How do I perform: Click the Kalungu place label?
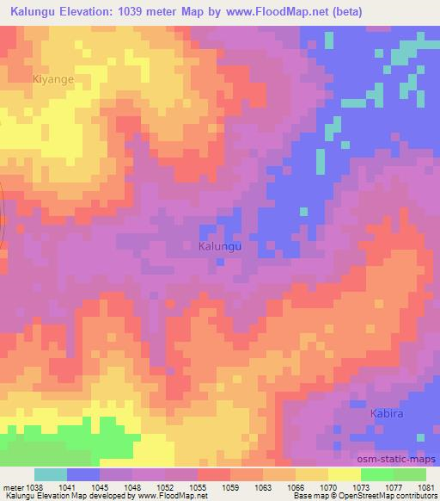pyautogui.click(x=220, y=246)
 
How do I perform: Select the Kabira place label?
pyautogui.click(x=387, y=413)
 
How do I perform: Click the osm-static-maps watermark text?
pyautogui.click(x=401, y=460)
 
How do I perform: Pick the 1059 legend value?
pyautogui.click(x=230, y=487)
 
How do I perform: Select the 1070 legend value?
pyautogui.click(x=328, y=487)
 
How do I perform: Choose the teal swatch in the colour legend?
pyautogui.click(x=51, y=474)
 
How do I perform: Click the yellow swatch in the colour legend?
pyautogui.click(x=344, y=474)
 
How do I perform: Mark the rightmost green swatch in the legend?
pyautogui.click(x=409, y=474)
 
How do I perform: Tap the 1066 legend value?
pyautogui.click(x=295, y=487)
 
